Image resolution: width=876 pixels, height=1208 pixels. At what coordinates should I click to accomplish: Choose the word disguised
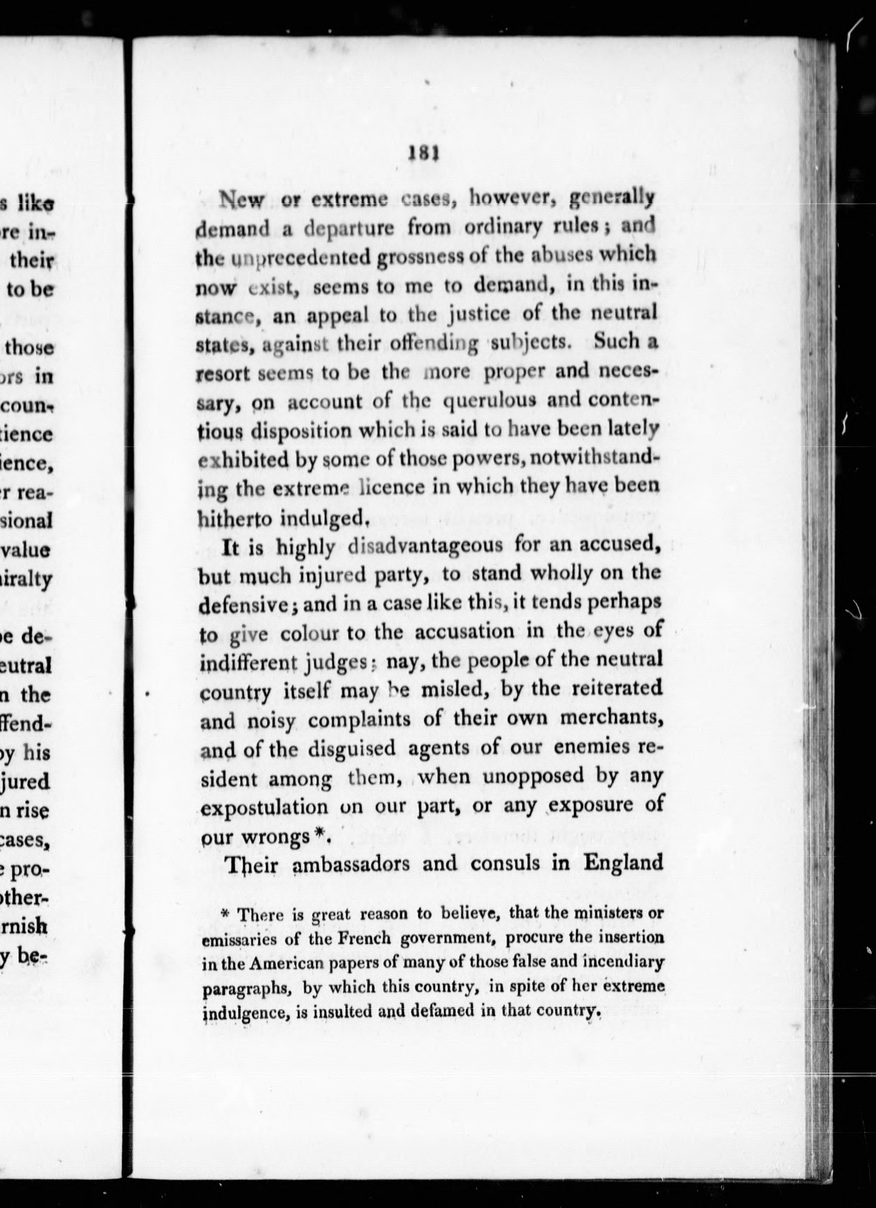(x=352, y=748)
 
